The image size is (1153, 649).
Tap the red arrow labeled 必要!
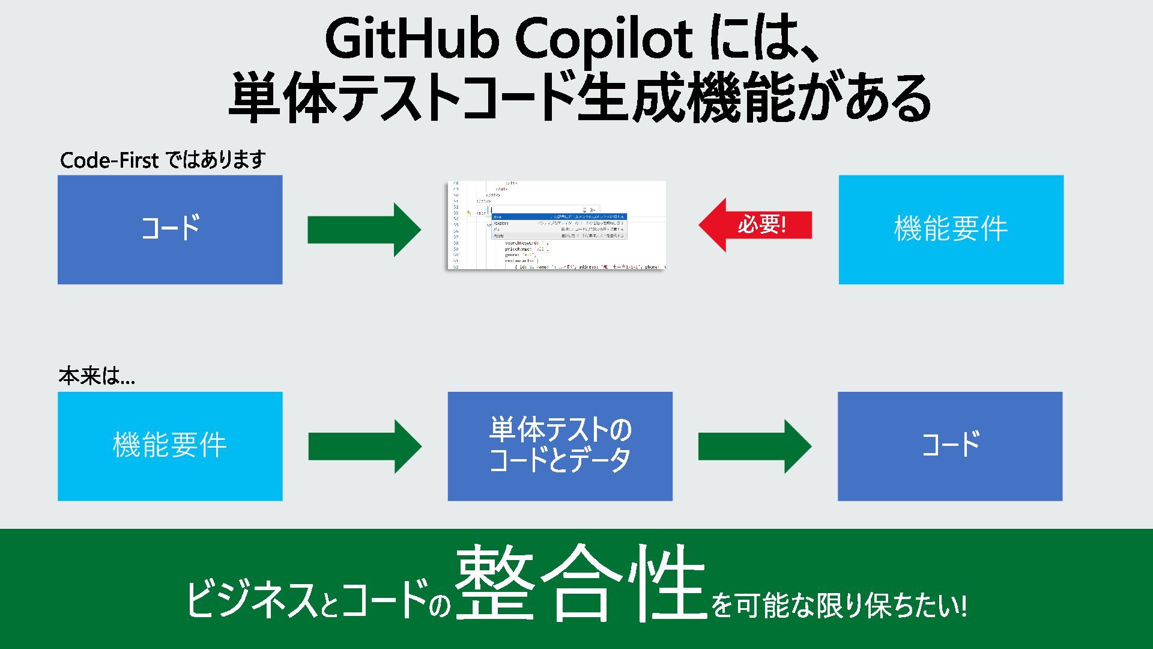tap(755, 225)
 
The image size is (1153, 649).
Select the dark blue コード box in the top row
tap(170, 229)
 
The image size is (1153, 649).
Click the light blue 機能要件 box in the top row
tap(951, 229)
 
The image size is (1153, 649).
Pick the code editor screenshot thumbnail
tap(556, 225)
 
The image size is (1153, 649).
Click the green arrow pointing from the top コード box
tap(364, 230)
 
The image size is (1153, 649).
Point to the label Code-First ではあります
tap(163, 160)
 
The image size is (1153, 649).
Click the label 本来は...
tap(97, 376)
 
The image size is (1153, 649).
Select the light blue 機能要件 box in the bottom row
tap(170, 446)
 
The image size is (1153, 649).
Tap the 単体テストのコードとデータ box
tap(560, 446)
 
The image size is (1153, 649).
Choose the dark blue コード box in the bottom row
tap(950, 446)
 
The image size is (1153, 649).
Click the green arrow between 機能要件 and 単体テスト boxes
tap(365, 446)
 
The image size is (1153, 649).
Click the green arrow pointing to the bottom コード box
tap(754, 446)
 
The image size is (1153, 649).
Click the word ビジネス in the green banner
tap(252, 599)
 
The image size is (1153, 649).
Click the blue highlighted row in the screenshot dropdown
tap(558, 216)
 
